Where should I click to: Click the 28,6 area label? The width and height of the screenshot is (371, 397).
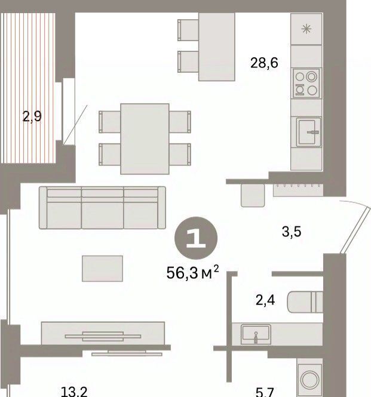264,63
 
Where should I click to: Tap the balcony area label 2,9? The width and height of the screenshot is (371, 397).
32,116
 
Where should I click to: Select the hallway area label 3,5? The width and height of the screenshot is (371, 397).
292,232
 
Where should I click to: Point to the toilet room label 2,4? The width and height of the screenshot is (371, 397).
265,300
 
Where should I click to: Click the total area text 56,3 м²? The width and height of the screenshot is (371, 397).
192,272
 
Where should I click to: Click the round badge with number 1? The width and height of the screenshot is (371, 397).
196,238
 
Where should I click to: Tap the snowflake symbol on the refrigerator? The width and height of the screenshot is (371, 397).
306,29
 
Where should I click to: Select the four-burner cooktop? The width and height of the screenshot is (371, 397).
306,84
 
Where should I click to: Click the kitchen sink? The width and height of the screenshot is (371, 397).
309,132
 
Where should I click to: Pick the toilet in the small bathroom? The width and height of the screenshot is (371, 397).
305,302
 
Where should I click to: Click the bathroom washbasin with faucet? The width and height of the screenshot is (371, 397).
256,334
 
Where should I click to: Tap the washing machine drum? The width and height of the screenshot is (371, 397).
310,379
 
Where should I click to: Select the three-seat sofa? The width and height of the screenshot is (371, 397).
102,208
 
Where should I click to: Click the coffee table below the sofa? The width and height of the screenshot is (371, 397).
102,269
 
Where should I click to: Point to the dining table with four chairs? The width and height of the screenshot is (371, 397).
145,139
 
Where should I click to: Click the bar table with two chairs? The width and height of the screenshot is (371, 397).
206,47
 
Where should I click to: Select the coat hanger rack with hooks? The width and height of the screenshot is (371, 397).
298,190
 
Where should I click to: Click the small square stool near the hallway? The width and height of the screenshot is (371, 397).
253,195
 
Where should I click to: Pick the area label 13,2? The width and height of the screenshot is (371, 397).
74,391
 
